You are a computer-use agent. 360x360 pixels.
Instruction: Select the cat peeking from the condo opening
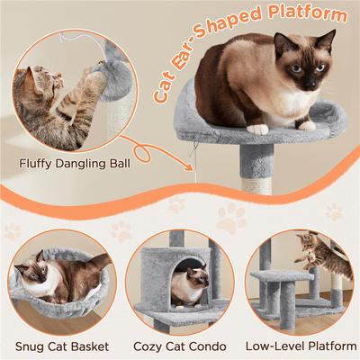188,287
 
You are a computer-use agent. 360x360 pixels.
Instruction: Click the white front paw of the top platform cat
259,129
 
